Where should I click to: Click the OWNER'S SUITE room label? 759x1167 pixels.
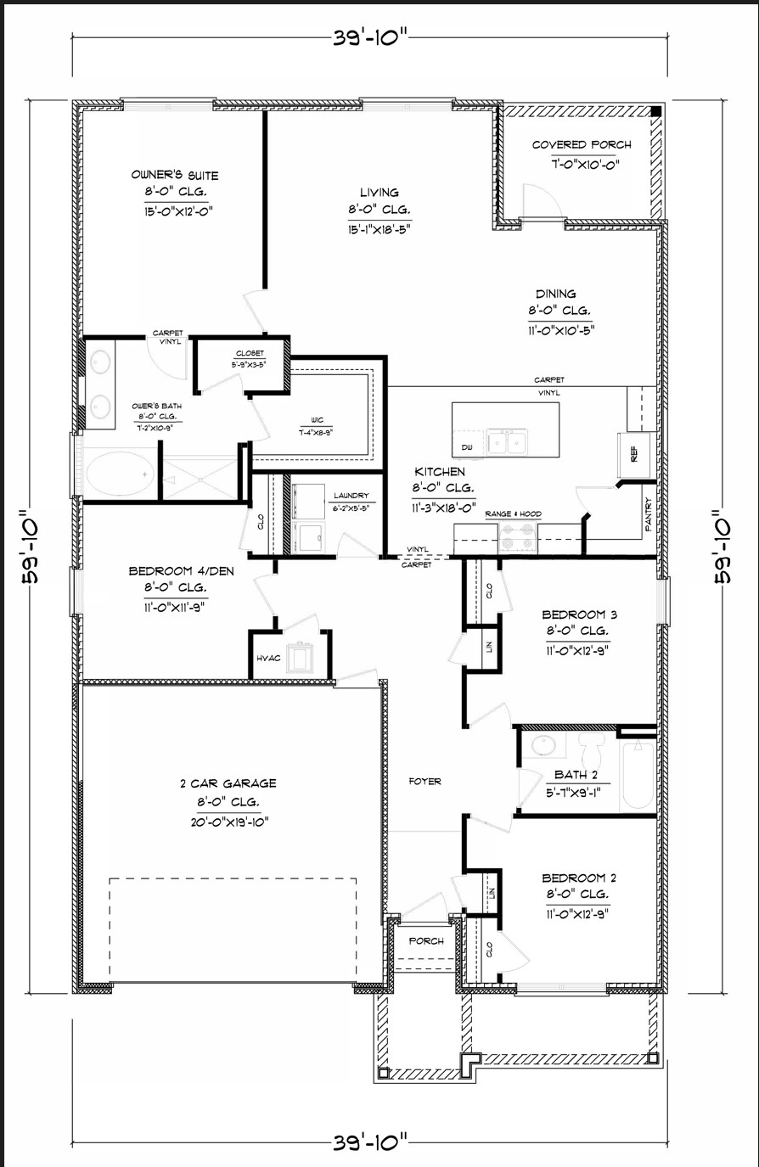pos(174,176)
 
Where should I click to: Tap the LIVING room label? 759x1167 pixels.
pos(379,193)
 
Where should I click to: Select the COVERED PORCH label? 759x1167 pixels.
pos(582,145)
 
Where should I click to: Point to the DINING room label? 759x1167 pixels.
pos(555,295)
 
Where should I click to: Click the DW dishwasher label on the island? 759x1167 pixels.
pos(466,446)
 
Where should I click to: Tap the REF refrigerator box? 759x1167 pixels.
pos(634,452)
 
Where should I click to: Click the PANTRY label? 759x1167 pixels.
pos(649,514)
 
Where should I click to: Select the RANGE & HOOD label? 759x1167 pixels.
pos(513,514)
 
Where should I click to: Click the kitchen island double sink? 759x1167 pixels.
pos(507,442)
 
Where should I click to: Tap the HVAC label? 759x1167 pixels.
pos(268,659)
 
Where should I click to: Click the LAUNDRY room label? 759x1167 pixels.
pos(351,496)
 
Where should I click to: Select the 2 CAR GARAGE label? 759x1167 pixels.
pos(228,783)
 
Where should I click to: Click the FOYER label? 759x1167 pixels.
pos(424,781)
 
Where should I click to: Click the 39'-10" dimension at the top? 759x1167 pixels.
pos(372,37)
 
